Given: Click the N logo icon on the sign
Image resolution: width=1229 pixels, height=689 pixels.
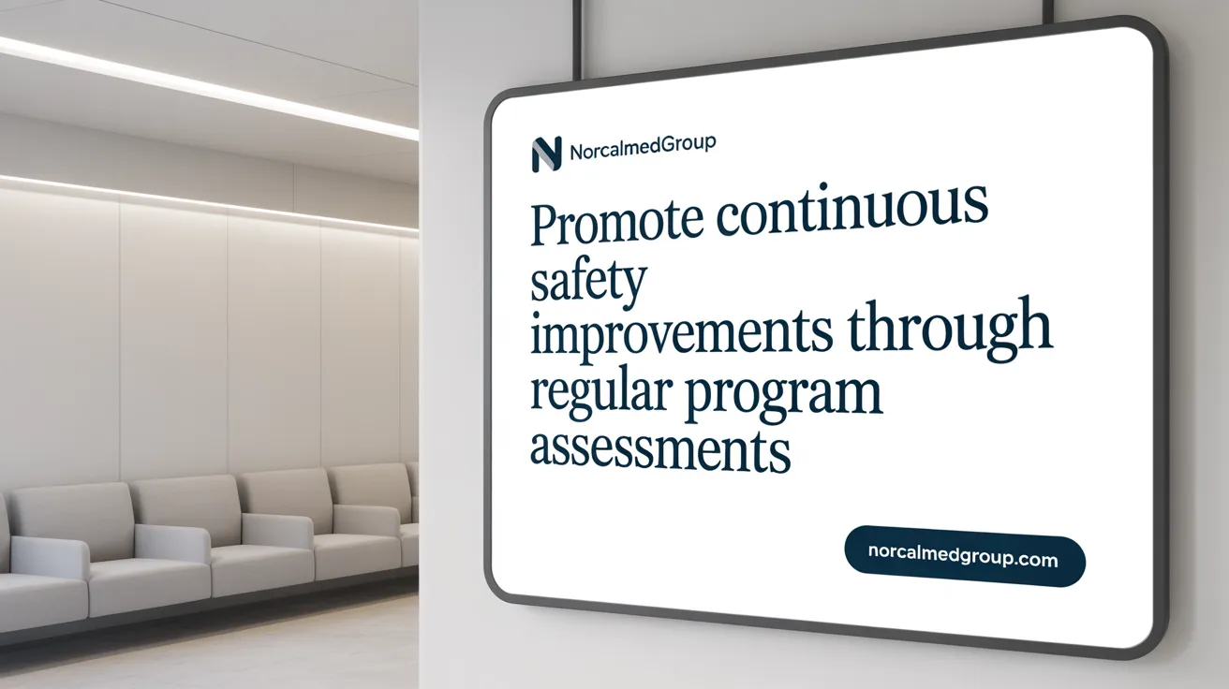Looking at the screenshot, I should [545, 154].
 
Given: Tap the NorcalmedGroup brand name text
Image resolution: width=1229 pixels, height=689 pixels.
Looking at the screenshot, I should [643, 147].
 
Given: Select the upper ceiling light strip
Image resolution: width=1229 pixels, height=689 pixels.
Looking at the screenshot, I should [206, 87].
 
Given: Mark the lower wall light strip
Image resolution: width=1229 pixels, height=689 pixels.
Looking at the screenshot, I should [206, 199].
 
